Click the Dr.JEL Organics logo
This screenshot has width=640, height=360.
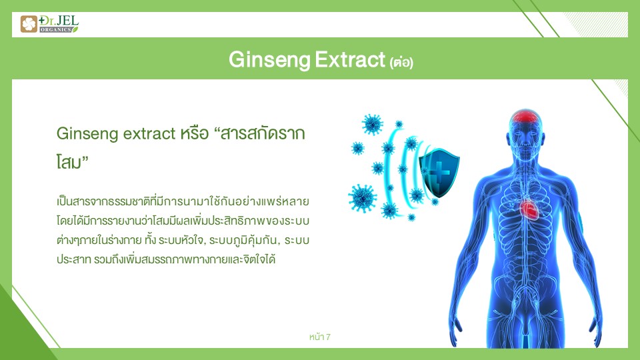49,24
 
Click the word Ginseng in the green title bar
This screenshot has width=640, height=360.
270,61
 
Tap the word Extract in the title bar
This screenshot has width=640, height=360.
350,60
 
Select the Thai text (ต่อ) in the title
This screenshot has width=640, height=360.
401,63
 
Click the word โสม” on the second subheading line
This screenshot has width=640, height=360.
72,162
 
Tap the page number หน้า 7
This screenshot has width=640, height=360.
319,337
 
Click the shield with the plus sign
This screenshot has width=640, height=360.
439,173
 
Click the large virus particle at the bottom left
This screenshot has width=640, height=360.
362,198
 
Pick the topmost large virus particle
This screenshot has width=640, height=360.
372,124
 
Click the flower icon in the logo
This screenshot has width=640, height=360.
29,24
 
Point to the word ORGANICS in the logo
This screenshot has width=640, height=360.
56,30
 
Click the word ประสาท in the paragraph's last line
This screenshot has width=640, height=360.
73,259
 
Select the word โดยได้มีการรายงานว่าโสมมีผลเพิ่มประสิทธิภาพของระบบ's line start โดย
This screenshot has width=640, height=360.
63,221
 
